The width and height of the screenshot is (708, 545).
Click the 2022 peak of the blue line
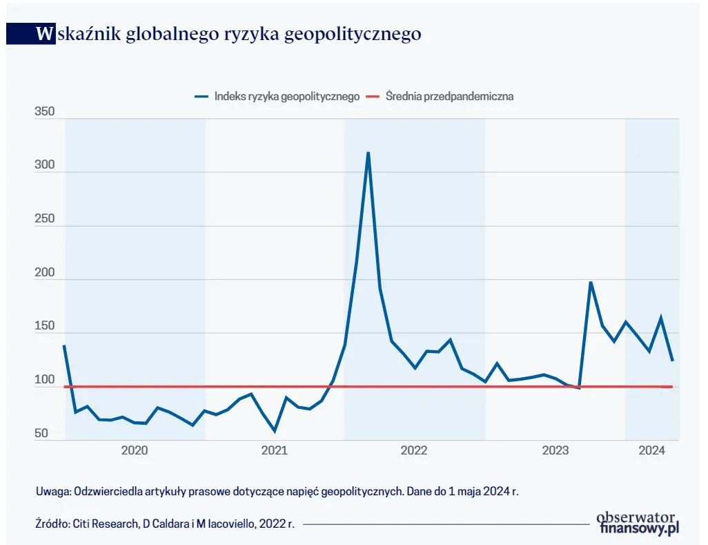tap(368, 153)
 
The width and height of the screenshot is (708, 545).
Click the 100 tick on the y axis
tap(44, 381)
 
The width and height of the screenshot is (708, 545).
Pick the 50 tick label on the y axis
tap(41, 434)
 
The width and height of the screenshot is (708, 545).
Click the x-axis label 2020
tap(135, 451)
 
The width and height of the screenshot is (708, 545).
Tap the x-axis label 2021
tap(275, 451)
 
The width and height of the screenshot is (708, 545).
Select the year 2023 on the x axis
tap(555, 451)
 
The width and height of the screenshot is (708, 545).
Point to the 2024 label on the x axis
tap(651, 451)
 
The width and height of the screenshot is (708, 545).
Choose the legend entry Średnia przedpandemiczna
tap(449, 96)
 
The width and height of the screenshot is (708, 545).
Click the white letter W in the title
tap(45, 34)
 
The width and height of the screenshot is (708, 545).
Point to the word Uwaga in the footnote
tap(52, 491)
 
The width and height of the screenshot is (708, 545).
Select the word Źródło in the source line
tap(52, 524)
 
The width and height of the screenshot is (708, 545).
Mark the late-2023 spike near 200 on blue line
tap(591, 282)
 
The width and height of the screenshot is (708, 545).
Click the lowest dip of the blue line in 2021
tap(275, 431)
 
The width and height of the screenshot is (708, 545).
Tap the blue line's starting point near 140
tap(64, 345)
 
